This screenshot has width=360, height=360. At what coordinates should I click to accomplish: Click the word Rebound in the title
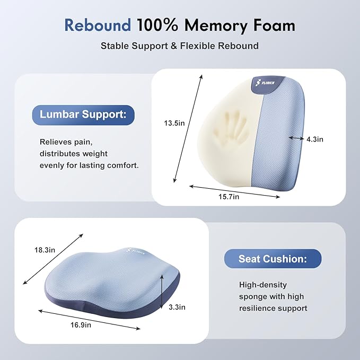click(97, 25)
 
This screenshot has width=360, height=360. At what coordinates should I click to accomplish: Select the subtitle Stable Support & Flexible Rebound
click(180, 46)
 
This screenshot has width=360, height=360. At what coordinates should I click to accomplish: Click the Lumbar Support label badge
click(84, 115)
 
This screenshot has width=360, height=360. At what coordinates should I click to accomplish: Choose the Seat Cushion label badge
click(273, 259)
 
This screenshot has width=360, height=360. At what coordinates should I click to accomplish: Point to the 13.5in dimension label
click(174, 123)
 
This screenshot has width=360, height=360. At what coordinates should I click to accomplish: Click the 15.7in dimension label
click(229, 196)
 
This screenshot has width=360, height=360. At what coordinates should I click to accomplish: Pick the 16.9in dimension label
click(80, 324)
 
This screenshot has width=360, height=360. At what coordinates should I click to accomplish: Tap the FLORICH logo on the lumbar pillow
click(264, 85)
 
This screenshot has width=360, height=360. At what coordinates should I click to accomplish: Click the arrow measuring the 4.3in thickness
click(296, 138)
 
